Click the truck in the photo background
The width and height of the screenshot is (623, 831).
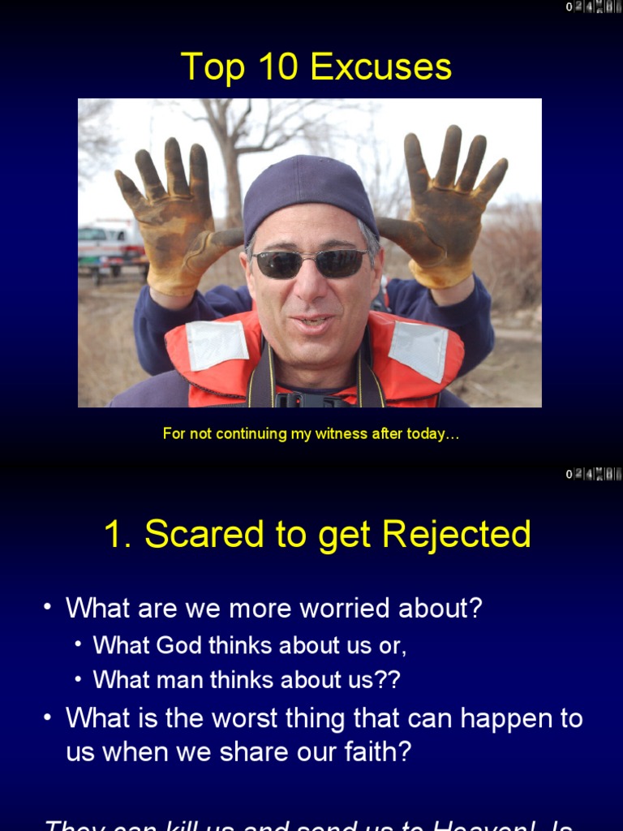[x=110, y=244]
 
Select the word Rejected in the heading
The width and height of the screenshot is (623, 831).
[x=457, y=535]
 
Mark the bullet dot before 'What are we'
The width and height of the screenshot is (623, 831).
[x=49, y=607]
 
